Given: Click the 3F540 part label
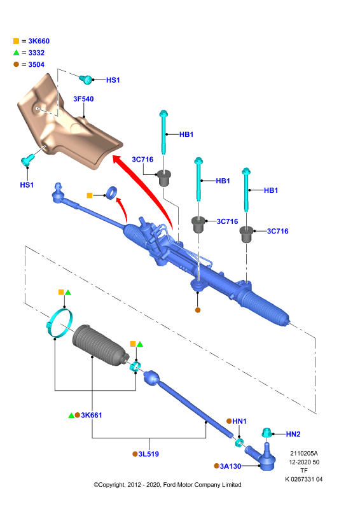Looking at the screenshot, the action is [83, 99].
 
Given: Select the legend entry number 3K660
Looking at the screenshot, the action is [39, 41].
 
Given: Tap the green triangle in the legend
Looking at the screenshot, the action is [17, 52].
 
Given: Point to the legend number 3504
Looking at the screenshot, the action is [36, 64].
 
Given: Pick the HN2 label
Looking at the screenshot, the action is [293, 434].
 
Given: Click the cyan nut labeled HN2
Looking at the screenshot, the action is [267, 433].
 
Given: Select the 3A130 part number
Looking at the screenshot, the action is [230, 466].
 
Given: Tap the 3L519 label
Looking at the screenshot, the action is [149, 454].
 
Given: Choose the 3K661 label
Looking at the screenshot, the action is [92, 415].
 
